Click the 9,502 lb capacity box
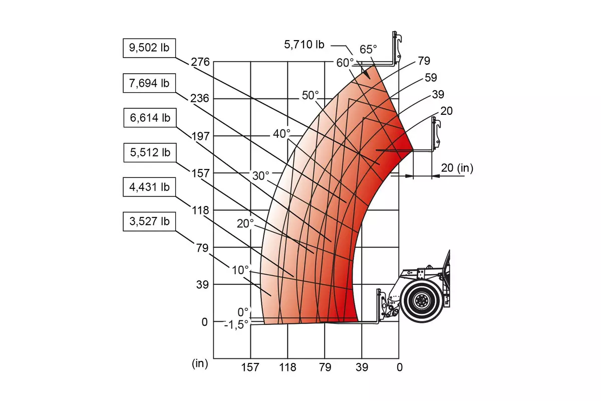[x=149, y=48]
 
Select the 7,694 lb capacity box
[x=149, y=83]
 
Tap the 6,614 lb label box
[x=150, y=118]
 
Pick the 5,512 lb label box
[x=150, y=152]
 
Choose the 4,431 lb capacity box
[x=149, y=187]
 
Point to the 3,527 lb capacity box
[x=149, y=222]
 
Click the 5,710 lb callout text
[x=305, y=45]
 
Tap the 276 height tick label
[x=200, y=62]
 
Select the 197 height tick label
[x=200, y=136]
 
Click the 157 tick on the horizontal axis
[x=250, y=367]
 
